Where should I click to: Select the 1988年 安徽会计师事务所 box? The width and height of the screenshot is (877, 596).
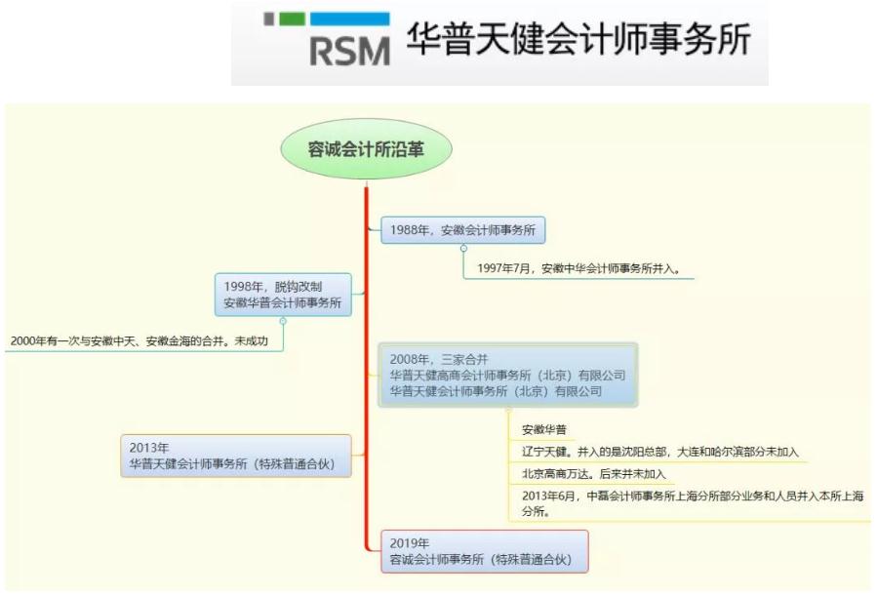tap(462, 230)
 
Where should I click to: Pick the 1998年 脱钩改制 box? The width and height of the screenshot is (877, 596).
tap(283, 295)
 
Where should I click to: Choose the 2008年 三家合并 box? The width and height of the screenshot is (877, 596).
tap(507, 376)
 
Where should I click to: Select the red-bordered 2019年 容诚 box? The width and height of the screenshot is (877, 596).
tap(484, 551)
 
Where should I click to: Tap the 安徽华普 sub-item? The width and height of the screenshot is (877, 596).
tap(544, 429)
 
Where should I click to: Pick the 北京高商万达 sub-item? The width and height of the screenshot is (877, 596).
tap(593, 474)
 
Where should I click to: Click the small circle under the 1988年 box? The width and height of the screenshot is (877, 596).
tap(463, 248)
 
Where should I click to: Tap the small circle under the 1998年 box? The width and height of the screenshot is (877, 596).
tap(283, 320)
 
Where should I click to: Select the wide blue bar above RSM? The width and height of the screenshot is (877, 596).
tap(349, 18)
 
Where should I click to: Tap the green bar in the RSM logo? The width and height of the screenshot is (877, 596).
tap(293, 18)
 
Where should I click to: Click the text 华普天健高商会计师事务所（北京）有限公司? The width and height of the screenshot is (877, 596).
tap(507, 376)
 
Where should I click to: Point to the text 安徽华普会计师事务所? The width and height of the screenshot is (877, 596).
tap(283, 303)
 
